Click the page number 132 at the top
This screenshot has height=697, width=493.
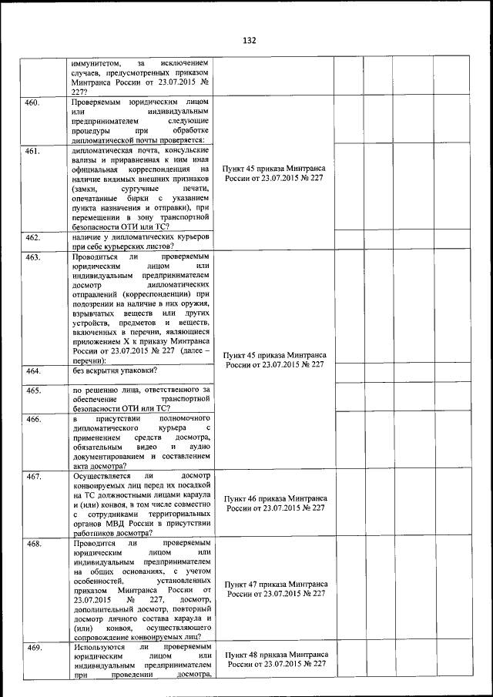pos(248,40)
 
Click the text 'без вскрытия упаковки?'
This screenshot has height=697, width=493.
pos(113,371)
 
